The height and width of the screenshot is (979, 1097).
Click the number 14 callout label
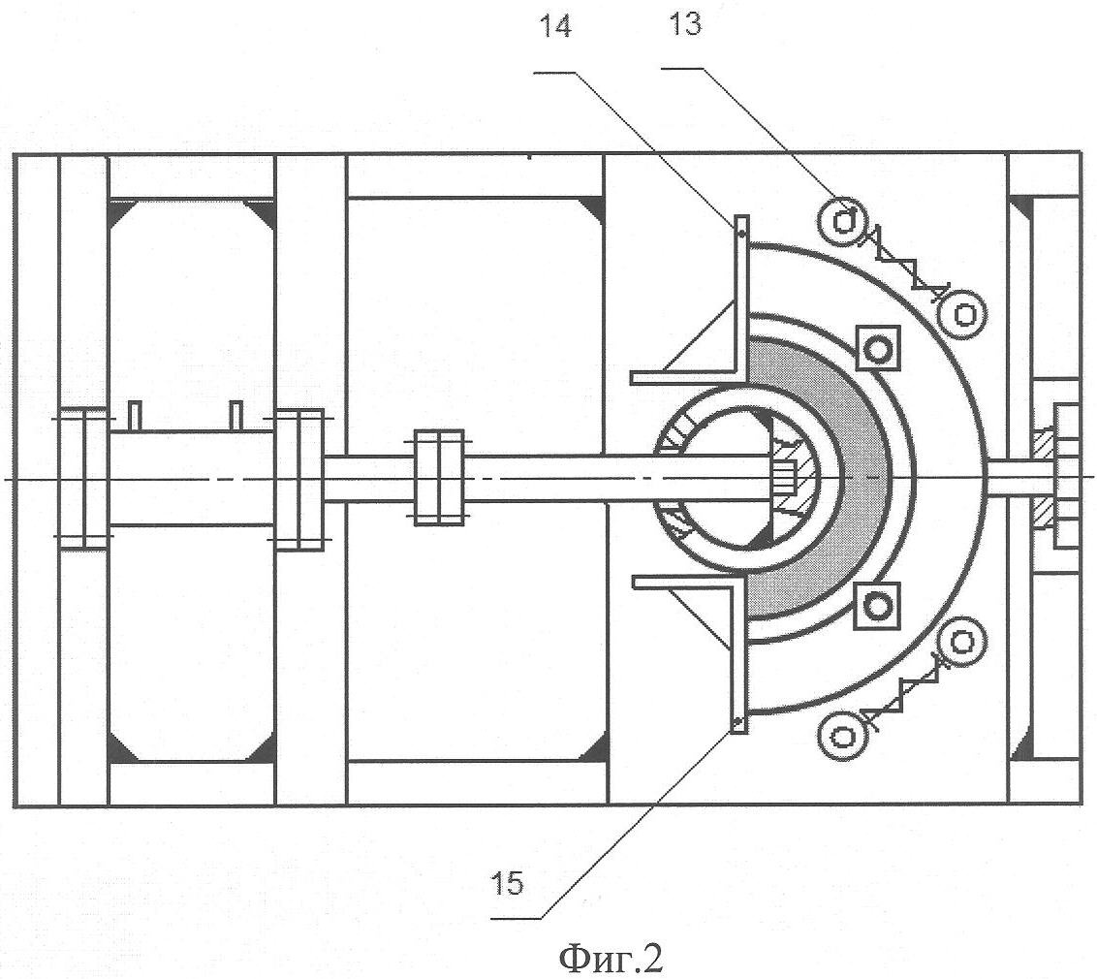coord(554,26)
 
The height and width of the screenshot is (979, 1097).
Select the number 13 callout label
coord(684,24)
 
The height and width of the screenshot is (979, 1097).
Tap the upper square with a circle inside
coord(879,346)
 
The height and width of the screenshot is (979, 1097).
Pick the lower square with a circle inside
coord(878,605)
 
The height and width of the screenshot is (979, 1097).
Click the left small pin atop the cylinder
coord(136,415)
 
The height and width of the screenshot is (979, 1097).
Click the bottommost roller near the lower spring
coord(840,738)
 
